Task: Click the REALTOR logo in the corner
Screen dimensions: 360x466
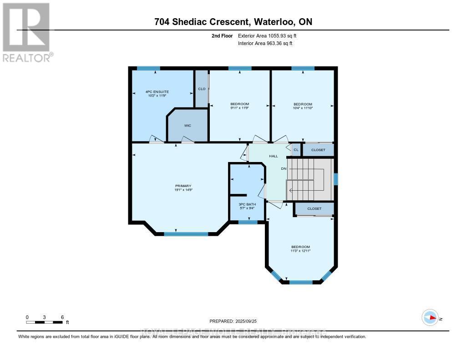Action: coord(26,32)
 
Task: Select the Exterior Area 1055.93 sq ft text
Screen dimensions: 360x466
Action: coord(268,35)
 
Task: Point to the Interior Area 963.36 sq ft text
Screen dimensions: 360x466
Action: coord(265,43)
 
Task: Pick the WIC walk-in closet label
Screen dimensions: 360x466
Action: coord(187,125)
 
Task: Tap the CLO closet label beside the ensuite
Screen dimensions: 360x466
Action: coord(202,89)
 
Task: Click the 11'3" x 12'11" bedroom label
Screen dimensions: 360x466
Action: coord(300,249)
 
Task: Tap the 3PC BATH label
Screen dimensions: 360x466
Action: coord(247,206)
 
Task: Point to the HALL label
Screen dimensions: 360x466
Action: coord(273,156)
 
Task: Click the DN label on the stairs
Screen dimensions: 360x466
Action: coord(284,169)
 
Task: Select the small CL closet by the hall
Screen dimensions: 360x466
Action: coord(296,150)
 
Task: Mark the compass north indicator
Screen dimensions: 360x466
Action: coord(430,317)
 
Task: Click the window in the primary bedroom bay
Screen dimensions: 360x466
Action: coord(186,234)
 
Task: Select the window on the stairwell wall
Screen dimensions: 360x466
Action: coord(336,178)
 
